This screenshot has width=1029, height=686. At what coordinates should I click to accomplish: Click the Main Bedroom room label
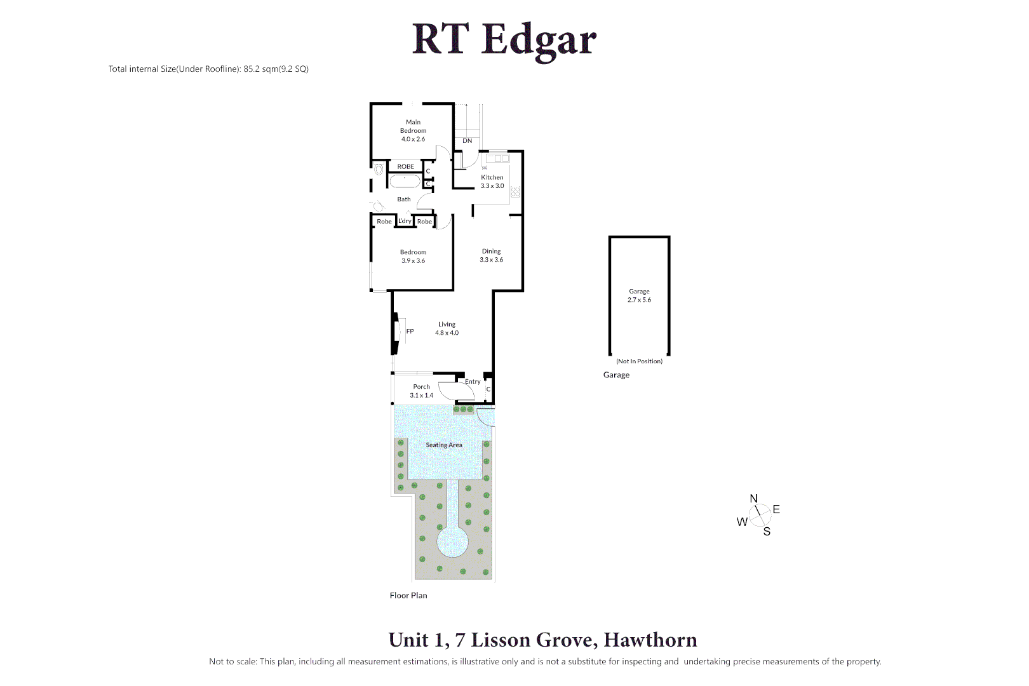(413, 130)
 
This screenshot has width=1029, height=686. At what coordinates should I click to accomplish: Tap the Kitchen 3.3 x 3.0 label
(492, 182)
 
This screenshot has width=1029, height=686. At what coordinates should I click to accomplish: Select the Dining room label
(491, 255)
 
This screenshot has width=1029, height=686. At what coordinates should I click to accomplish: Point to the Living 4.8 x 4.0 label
(447, 328)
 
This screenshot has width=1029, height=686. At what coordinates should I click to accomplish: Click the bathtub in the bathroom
(405, 182)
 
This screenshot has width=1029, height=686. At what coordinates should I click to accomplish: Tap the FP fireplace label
(410, 332)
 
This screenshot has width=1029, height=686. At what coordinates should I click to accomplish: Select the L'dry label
(405, 221)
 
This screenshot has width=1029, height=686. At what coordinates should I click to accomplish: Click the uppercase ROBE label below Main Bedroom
(405, 167)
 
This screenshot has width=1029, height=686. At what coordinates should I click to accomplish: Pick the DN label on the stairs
(467, 141)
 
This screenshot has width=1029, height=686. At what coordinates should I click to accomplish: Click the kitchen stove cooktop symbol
(515, 191)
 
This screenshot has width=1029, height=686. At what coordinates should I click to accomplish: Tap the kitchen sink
(497, 158)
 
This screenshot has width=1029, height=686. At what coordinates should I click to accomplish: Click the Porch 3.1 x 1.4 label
(422, 391)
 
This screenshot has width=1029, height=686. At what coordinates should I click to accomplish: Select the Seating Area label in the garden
(444, 445)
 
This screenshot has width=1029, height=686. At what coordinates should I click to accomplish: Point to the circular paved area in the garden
(453, 542)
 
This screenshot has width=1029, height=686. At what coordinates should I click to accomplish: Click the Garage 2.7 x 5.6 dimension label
(639, 295)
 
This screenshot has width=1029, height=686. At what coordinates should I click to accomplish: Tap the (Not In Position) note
(639, 361)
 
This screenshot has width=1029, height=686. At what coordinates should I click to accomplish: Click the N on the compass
(754, 499)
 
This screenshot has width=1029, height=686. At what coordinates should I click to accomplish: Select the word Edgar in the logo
(539, 40)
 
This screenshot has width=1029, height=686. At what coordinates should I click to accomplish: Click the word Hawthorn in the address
(650, 640)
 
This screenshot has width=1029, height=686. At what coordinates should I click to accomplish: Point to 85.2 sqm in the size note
(260, 69)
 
